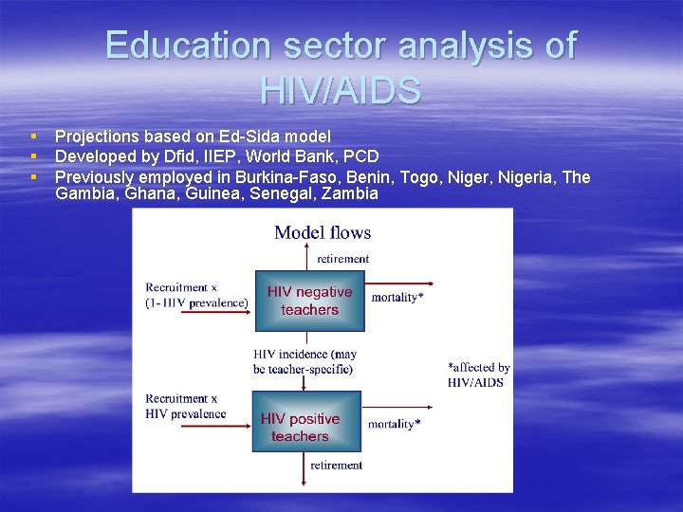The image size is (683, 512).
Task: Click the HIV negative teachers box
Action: click(x=308, y=301)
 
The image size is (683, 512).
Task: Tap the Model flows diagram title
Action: click(x=323, y=232)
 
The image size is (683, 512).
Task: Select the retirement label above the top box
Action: click(x=342, y=258)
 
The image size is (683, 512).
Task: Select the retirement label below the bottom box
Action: click(x=336, y=466)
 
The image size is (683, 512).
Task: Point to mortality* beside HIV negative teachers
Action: click(x=397, y=298)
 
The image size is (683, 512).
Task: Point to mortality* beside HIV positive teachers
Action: click(x=396, y=424)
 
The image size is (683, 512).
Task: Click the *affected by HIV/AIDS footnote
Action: click(x=478, y=375)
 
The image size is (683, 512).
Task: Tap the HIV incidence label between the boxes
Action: click(x=304, y=361)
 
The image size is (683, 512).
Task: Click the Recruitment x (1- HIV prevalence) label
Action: click(x=196, y=295)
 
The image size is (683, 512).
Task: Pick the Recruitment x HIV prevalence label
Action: click(x=186, y=406)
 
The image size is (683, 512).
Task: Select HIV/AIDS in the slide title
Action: click(x=341, y=91)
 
